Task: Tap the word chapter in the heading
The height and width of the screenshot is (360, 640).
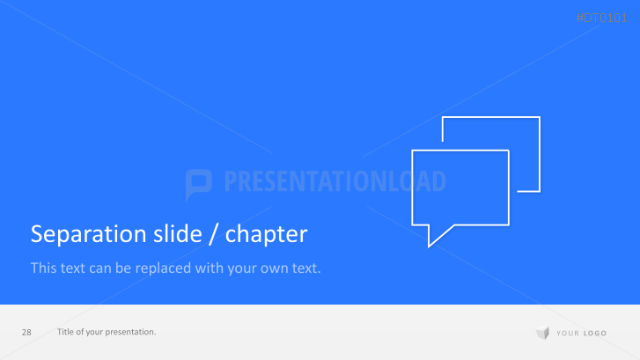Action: [x=266, y=234]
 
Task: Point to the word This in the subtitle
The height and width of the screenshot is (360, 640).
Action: [x=43, y=267]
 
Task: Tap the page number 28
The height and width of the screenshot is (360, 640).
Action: [x=26, y=332]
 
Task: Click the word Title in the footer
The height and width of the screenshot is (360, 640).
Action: [x=65, y=332]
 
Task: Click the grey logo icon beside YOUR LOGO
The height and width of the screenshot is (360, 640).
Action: [x=542, y=333]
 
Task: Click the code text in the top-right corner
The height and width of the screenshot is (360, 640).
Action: [x=602, y=18]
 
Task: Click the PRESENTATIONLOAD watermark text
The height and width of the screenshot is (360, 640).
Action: [x=335, y=182]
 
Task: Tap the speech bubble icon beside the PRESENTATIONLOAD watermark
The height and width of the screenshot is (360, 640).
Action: [x=199, y=183]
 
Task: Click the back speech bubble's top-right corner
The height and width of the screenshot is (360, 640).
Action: [x=539, y=118]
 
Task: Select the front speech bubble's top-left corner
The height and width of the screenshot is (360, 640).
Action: [x=414, y=151]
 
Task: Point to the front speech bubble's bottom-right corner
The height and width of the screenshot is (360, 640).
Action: [x=508, y=225]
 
